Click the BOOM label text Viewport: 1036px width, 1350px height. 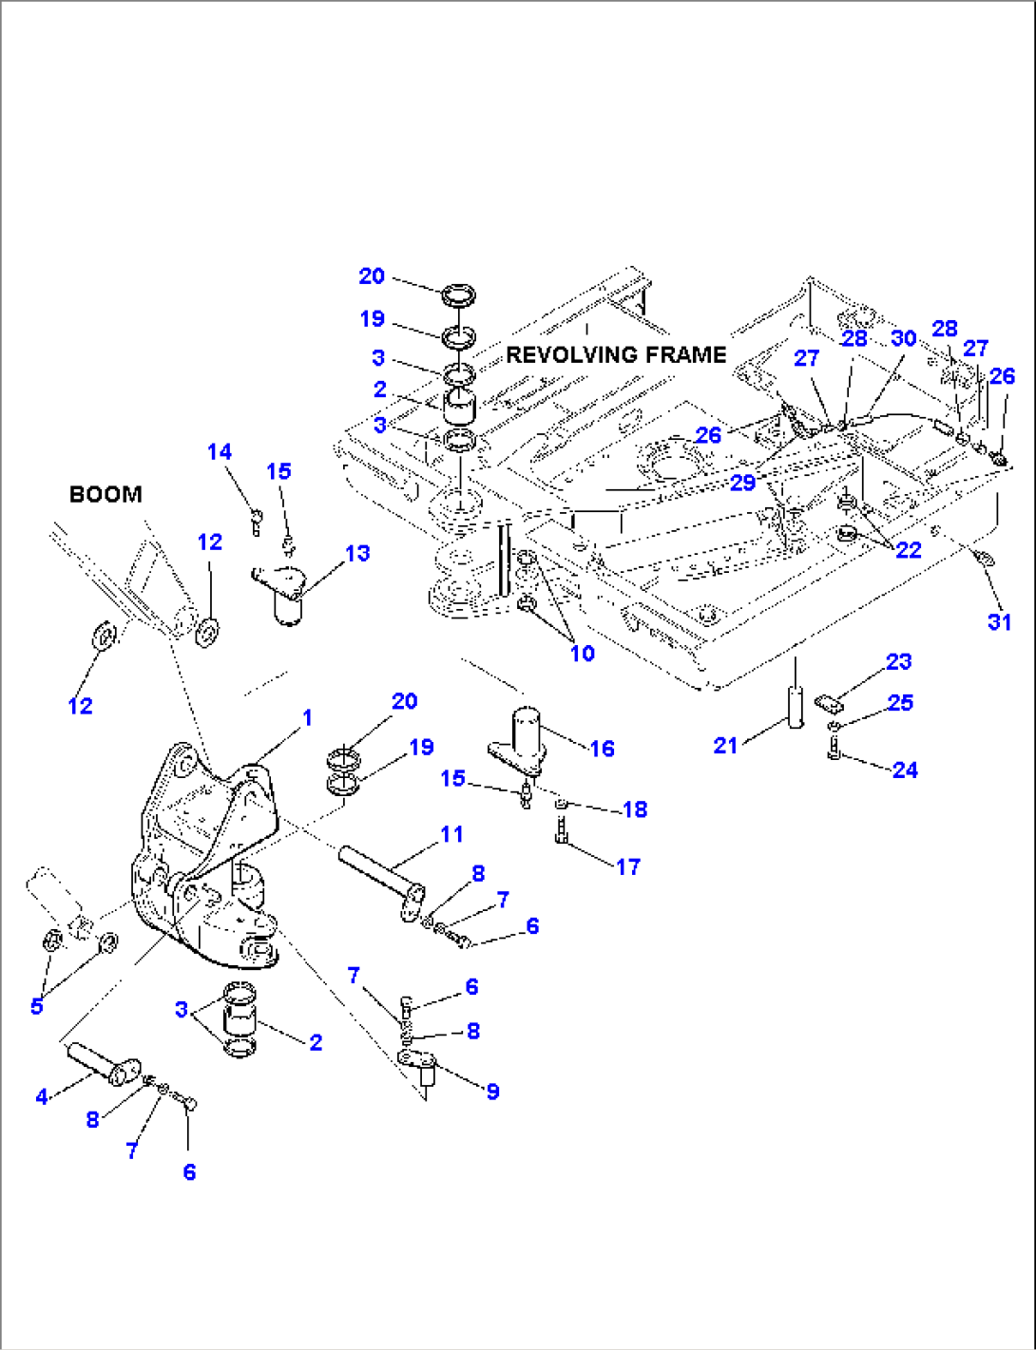106,494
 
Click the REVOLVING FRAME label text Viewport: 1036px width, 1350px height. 616,355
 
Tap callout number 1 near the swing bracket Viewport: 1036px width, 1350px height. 306,717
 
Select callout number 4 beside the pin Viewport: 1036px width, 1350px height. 42,1097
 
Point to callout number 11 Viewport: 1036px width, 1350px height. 451,834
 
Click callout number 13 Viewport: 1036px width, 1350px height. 357,553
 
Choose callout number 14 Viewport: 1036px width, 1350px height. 220,451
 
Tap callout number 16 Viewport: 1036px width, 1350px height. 603,749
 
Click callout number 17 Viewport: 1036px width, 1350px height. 628,866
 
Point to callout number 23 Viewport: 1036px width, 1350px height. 898,662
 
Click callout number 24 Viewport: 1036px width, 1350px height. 905,770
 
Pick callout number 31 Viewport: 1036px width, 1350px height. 999,621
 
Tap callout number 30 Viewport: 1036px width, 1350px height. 903,338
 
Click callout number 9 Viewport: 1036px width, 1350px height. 492,1092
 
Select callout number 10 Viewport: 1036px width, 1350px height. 582,653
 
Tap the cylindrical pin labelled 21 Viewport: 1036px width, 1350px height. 796,705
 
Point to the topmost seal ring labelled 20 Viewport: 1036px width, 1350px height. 461,292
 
